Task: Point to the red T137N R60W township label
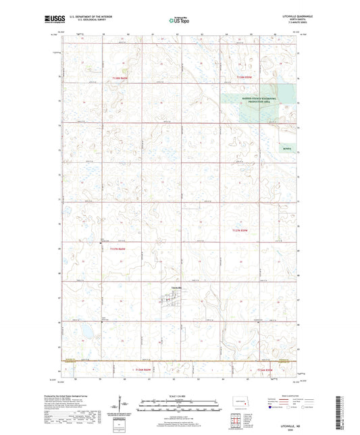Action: (118, 249)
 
